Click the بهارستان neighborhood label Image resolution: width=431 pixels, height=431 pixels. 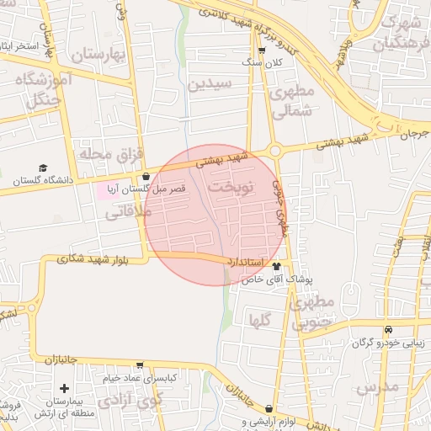click(x=97, y=56)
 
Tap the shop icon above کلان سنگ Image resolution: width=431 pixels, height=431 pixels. click(x=262, y=51)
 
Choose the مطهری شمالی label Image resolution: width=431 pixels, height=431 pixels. click(x=294, y=99)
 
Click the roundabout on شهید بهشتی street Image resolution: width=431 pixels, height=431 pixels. click(x=274, y=151)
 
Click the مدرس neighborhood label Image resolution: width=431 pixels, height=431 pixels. click(x=376, y=388)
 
